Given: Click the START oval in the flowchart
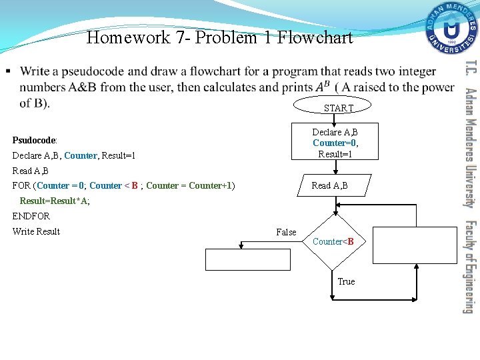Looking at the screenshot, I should (338, 107).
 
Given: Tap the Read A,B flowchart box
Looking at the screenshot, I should (329, 185).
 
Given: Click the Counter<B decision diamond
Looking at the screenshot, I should (332, 241).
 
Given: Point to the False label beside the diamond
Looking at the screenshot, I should (286, 232).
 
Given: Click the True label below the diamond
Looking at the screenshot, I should (346, 281).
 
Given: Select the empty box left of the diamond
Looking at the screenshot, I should (248, 259).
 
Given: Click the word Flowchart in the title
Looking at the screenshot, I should (315, 37).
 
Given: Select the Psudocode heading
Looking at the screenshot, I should (35, 141).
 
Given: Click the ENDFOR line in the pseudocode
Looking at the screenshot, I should (31, 216).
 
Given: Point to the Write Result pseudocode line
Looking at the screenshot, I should (36, 231).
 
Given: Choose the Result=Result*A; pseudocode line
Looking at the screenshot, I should (55, 201).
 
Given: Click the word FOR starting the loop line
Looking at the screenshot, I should (21, 185).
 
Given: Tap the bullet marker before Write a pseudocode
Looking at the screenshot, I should (7, 71).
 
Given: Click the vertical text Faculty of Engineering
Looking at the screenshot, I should (469, 267).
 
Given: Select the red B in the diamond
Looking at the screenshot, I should (350, 241).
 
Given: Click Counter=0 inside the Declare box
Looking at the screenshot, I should (334, 143).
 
